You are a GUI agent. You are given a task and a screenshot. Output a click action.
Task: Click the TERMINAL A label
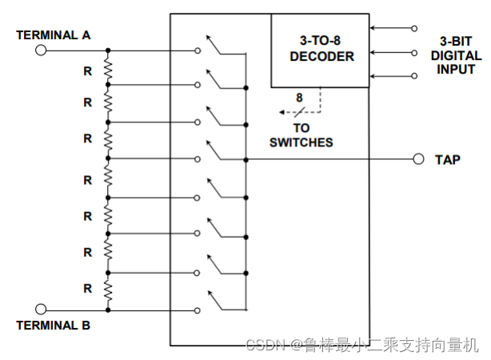click(x=54, y=35)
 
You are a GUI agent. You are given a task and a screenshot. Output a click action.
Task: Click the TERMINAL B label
click(x=54, y=326)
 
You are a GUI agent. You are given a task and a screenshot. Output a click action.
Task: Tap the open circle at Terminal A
click(x=41, y=50)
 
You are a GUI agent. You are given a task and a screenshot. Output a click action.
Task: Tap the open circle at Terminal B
click(x=41, y=309)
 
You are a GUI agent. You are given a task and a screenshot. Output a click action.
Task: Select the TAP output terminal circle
click(x=417, y=159)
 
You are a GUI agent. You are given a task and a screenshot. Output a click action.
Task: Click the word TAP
click(x=447, y=160)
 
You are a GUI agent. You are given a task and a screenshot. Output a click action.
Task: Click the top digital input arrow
click(x=392, y=28)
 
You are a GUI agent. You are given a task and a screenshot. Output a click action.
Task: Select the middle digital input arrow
click(x=392, y=53)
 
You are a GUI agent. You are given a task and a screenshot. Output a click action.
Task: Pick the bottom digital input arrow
click(x=392, y=76)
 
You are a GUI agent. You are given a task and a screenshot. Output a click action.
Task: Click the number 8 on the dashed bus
click(x=299, y=98)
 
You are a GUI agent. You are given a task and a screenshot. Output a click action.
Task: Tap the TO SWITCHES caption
click(x=301, y=135)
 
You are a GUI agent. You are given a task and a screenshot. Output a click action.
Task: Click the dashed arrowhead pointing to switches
click(x=282, y=111)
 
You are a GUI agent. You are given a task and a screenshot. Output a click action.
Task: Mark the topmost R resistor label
click(x=88, y=70)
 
